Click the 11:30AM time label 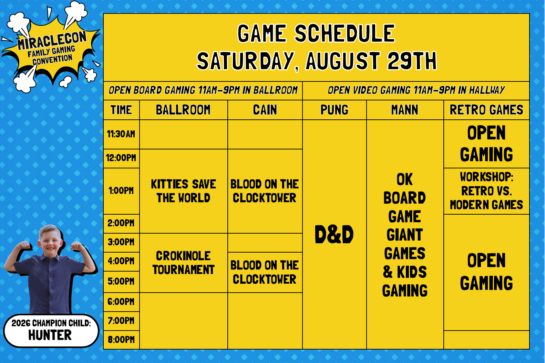[x=121, y=134]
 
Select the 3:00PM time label [x=121, y=242]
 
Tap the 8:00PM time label [x=121, y=340]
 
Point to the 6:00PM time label [x=121, y=302]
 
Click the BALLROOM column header [x=183, y=110]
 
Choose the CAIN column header [x=265, y=110]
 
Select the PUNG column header [x=334, y=110]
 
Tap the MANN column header [x=404, y=110]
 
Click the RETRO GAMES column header [x=486, y=110]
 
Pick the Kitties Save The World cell [x=184, y=191]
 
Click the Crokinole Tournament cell [x=184, y=263]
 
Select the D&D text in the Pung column [x=334, y=234]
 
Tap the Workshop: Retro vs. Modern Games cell [x=486, y=191]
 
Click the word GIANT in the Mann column [x=404, y=235]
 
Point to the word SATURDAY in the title [x=245, y=61]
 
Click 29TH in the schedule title [x=412, y=61]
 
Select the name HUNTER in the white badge [x=50, y=335]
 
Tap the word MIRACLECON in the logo [x=52, y=40]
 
